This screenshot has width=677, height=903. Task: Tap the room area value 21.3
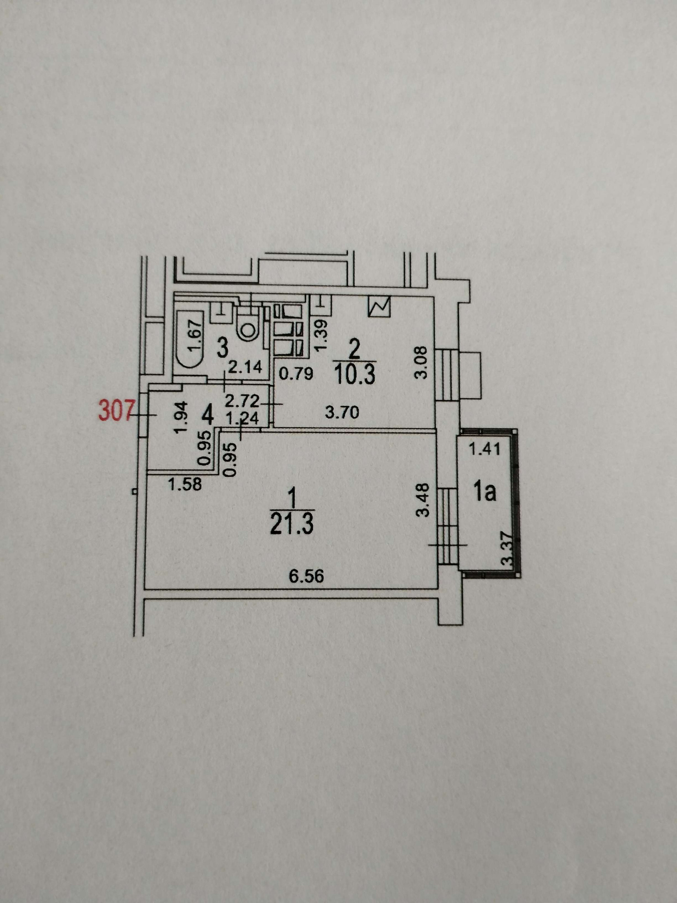(x=291, y=524)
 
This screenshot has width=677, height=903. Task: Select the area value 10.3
(x=355, y=374)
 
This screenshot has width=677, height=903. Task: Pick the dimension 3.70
(x=342, y=413)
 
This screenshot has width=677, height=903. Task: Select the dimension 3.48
(x=425, y=500)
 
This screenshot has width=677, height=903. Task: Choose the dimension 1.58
(x=185, y=485)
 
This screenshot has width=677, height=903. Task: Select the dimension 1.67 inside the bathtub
(x=196, y=335)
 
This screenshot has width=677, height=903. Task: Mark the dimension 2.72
(x=242, y=401)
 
